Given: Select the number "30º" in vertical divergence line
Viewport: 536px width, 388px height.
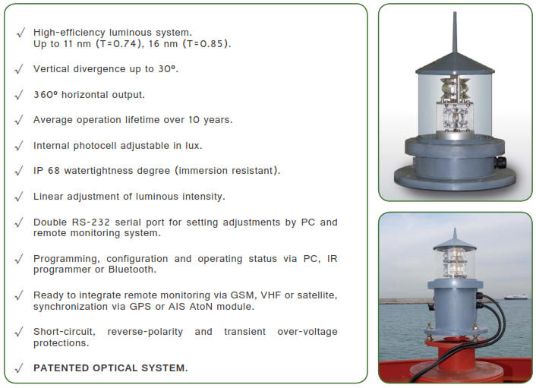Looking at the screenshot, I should pyautogui.click(x=168, y=68).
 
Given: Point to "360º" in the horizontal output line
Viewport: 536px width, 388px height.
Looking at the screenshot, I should pyautogui.click(x=47, y=94).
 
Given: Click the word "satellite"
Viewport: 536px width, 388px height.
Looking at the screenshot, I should pyautogui.click(x=314, y=294).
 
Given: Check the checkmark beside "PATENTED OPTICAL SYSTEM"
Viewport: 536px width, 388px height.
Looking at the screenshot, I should pyautogui.click(x=19, y=368).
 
